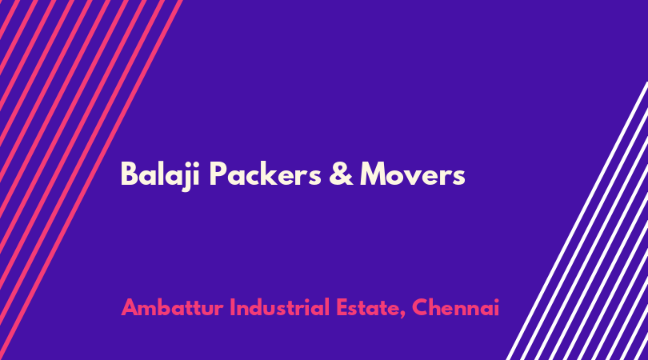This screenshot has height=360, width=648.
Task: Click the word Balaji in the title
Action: pyautogui.click(x=160, y=175)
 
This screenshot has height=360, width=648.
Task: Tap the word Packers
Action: pyautogui.click(x=265, y=174)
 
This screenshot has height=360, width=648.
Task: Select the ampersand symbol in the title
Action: pyautogui.click(x=341, y=174)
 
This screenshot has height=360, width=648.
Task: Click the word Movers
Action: pyautogui.click(x=413, y=174)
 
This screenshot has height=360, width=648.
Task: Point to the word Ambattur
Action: pyautogui.click(x=172, y=307)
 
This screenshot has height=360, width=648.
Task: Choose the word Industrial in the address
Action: pyautogui.click(x=279, y=307)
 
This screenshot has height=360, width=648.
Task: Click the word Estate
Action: pyautogui.click(x=367, y=308)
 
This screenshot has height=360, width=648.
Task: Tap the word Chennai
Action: pyautogui.click(x=455, y=307)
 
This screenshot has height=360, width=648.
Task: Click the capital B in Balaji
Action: pyautogui.click(x=129, y=174)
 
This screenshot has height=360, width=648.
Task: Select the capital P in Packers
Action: pyautogui.click(x=218, y=174)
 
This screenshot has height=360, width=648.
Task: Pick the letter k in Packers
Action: pyautogui.click(x=273, y=174)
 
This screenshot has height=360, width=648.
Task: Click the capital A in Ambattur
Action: pyautogui.click(x=130, y=307)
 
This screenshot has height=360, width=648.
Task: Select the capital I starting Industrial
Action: pyautogui.click(x=232, y=307)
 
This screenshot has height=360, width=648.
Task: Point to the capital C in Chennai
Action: pyautogui.click(x=420, y=307)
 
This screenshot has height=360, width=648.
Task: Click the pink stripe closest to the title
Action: pyautogui.click(x=91, y=180)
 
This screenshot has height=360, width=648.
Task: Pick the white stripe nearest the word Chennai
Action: pyautogui.click(x=577, y=221)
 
